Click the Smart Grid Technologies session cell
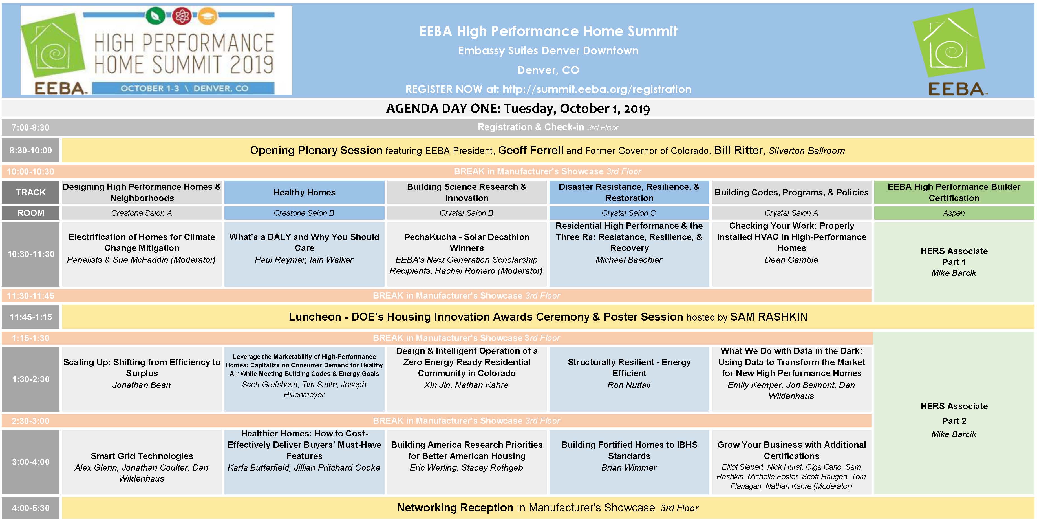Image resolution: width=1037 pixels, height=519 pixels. (142, 462)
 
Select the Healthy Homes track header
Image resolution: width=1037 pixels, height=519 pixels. (304, 193)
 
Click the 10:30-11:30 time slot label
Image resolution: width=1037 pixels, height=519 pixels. (31, 254)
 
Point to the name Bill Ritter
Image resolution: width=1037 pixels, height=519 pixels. (738, 151)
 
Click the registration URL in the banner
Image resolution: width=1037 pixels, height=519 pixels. (597, 89)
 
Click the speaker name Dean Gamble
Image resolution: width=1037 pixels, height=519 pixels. (791, 260)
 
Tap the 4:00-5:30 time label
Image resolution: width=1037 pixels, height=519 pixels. (31, 508)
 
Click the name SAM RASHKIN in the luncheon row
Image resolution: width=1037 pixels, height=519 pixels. (769, 317)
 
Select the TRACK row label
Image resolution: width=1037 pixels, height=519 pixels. (31, 193)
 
